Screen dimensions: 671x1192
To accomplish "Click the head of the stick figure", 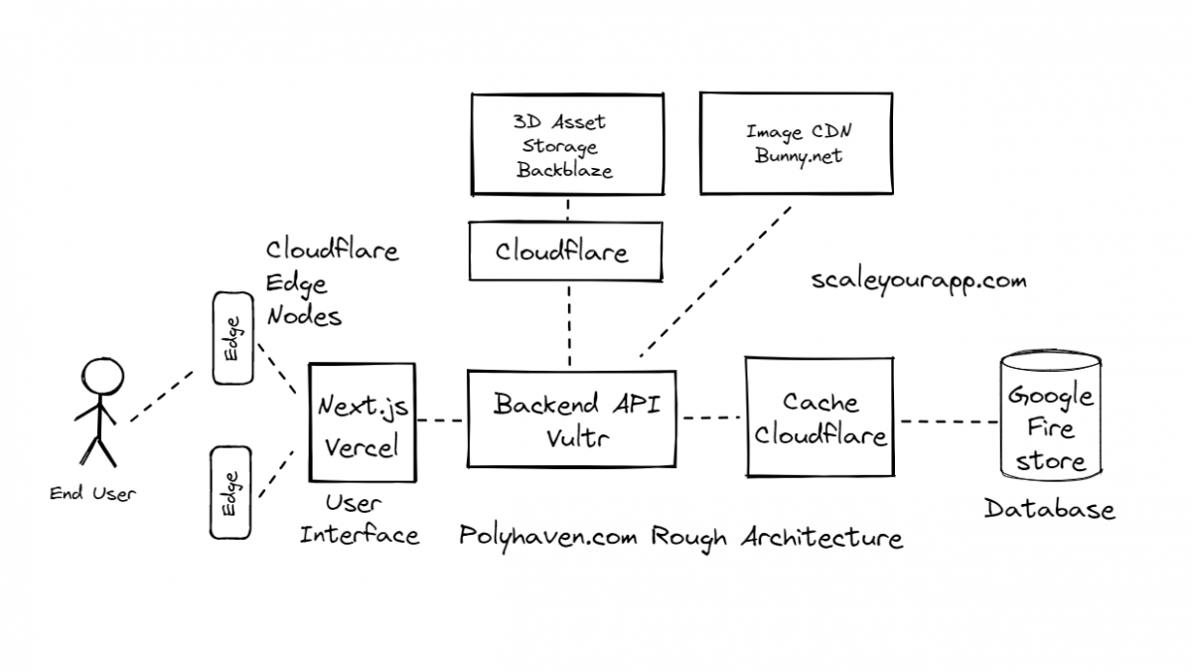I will (100, 379).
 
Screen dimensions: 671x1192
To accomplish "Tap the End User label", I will (93, 494).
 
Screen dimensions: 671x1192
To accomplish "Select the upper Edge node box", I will (232, 338).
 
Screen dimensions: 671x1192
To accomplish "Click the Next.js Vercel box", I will (362, 423).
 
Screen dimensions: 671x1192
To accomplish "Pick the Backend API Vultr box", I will (570, 419).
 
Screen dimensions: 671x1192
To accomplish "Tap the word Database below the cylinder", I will (1049, 510).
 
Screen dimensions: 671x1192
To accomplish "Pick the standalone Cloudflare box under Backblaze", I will (562, 251).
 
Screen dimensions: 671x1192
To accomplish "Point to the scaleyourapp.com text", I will (918, 281).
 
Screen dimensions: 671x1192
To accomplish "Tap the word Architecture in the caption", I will (821, 537).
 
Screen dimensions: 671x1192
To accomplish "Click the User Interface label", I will (360, 520).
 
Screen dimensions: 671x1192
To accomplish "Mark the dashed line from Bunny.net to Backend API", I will (715, 281).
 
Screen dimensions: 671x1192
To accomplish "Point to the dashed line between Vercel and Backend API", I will (440, 420).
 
